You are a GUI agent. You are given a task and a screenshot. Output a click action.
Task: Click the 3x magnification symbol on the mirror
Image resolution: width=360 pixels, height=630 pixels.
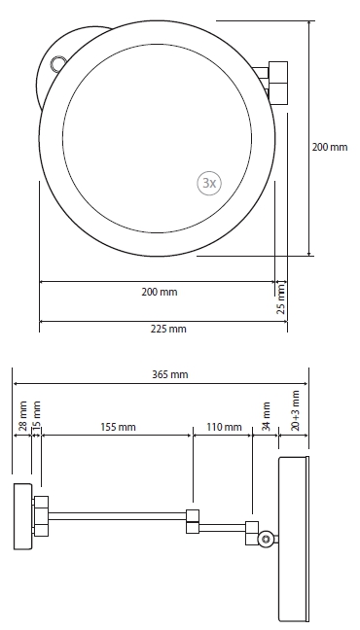209,183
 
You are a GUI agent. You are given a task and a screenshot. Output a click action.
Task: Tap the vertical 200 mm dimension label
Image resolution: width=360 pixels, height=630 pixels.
330,147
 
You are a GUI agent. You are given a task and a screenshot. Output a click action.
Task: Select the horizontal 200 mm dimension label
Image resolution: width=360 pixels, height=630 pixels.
160,292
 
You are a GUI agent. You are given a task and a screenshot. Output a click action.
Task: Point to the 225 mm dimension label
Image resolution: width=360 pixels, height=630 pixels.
168,329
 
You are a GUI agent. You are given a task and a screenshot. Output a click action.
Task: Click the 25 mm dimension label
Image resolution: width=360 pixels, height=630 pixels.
281,298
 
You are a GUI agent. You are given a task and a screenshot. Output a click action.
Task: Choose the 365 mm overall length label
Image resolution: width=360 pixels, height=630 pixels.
169,375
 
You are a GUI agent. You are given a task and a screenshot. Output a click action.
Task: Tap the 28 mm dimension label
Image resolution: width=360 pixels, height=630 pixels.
23,415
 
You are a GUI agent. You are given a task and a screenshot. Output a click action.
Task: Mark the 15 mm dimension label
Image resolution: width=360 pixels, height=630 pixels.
37,415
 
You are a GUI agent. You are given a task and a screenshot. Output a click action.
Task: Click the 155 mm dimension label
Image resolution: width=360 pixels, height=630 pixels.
118,427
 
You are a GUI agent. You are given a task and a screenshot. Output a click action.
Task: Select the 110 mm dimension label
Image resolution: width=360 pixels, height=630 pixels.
224,427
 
